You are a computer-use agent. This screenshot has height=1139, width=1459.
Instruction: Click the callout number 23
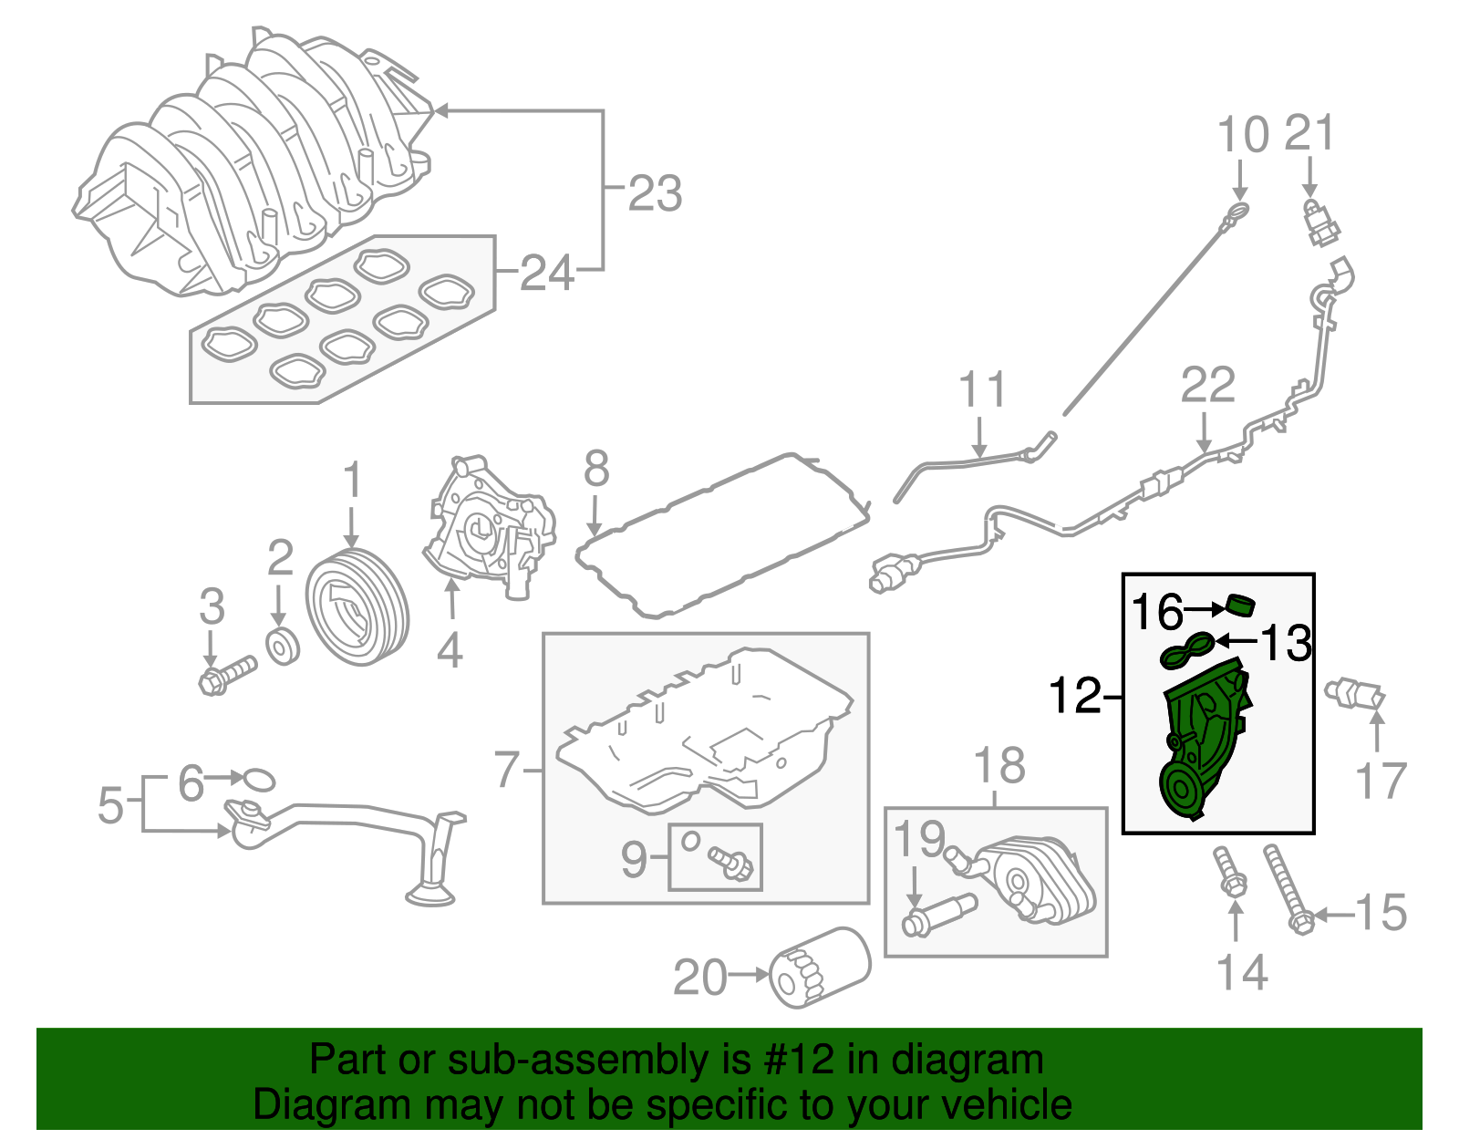(655, 194)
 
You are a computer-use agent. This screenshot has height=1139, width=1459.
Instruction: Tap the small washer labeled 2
(283, 645)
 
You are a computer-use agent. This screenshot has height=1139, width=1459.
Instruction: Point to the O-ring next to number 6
(259, 779)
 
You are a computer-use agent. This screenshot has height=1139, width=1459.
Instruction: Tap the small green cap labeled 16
(1240, 605)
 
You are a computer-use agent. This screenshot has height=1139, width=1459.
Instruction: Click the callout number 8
(596, 470)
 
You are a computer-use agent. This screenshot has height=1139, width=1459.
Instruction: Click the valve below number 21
(1319, 223)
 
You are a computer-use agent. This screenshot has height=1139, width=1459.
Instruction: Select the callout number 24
(547, 273)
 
